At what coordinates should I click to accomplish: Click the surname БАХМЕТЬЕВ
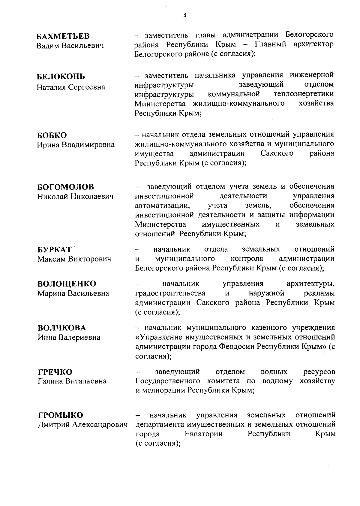pyautogui.click(x=63, y=36)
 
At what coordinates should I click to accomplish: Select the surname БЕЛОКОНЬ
pyautogui.click(x=61, y=77)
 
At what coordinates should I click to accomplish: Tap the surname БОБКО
pyautogui.click(x=52, y=135)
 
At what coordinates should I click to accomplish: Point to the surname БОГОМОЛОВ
pyautogui.click(x=65, y=187)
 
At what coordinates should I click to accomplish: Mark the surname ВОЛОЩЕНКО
pyautogui.click(x=67, y=284)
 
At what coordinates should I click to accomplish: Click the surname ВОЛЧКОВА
pyautogui.click(x=62, y=328)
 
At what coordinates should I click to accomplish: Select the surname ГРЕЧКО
pyautogui.click(x=55, y=372)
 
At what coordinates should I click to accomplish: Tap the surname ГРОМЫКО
pyautogui.click(x=61, y=415)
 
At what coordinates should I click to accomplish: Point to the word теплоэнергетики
pyautogui.click(x=304, y=94)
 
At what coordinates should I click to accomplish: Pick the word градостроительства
pyautogui.click(x=170, y=293)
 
